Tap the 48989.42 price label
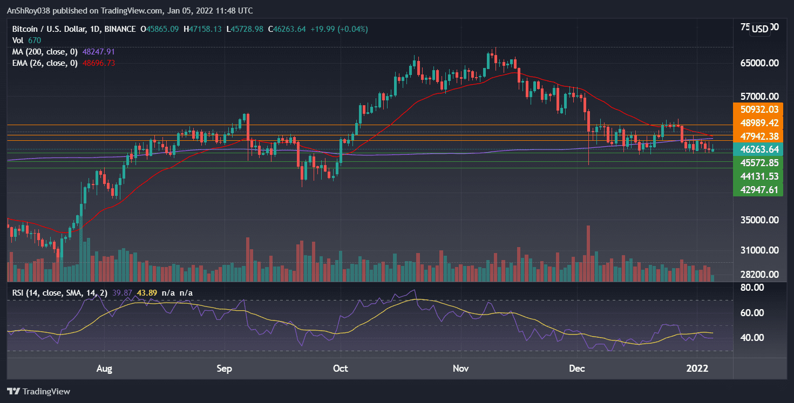pyautogui.click(x=758, y=122)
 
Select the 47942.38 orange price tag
pyautogui.click(x=758, y=136)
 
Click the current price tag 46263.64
pyautogui.click(x=758, y=149)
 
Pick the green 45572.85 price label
pyautogui.click(x=758, y=162)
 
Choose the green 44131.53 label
pyautogui.click(x=758, y=176)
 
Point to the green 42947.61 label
pyautogui.click(x=758, y=189)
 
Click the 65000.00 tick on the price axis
pyautogui.click(x=759, y=63)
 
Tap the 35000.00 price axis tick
pyautogui.click(x=759, y=220)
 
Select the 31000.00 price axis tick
pyautogui.click(x=759, y=250)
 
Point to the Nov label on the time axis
pyautogui.click(x=460, y=368)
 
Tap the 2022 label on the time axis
pyautogui.click(x=697, y=368)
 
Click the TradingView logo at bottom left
pyautogui.click(x=38, y=391)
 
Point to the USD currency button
pyautogui.click(x=760, y=29)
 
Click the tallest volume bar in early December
pyautogui.click(x=588, y=254)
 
